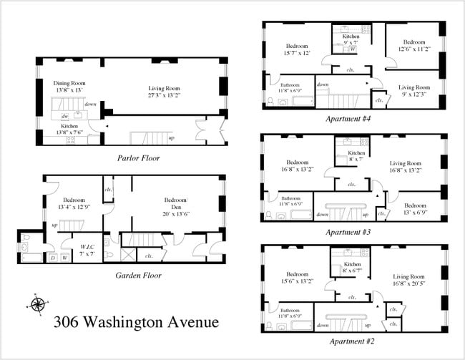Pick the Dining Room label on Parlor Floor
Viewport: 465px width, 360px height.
(69, 82)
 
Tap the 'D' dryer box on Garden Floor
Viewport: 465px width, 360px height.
(52, 257)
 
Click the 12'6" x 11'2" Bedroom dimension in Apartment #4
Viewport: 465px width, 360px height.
(413, 49)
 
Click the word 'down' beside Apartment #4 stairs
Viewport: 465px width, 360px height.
(323, 84)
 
